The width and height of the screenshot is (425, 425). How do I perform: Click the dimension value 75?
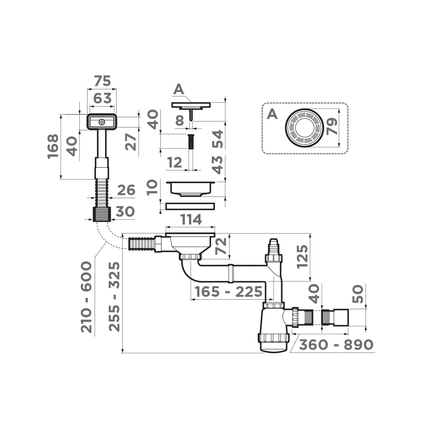coord(102,81)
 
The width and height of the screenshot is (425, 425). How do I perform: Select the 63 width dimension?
coord(102,98)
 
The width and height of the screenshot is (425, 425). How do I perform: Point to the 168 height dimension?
coord(53,147)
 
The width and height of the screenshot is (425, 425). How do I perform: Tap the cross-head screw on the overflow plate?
coord(102,122)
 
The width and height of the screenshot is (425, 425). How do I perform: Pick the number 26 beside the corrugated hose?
coord(126,190)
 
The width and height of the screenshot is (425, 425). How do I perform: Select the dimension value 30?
coord(125,212)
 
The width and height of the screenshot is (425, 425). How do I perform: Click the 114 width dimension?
coord(191,220)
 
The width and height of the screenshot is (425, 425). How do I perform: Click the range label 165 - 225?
coord(228,292)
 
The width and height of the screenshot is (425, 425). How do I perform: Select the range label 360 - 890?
coord(336,345)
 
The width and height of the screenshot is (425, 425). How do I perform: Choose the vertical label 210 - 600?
coord(87,297)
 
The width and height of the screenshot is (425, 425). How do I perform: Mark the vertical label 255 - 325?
coord(114,296)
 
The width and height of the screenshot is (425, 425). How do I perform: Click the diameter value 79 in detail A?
coord(332,126)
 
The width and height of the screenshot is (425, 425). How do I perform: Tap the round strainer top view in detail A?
coord(304,127)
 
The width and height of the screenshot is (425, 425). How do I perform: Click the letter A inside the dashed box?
coord(272,114)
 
